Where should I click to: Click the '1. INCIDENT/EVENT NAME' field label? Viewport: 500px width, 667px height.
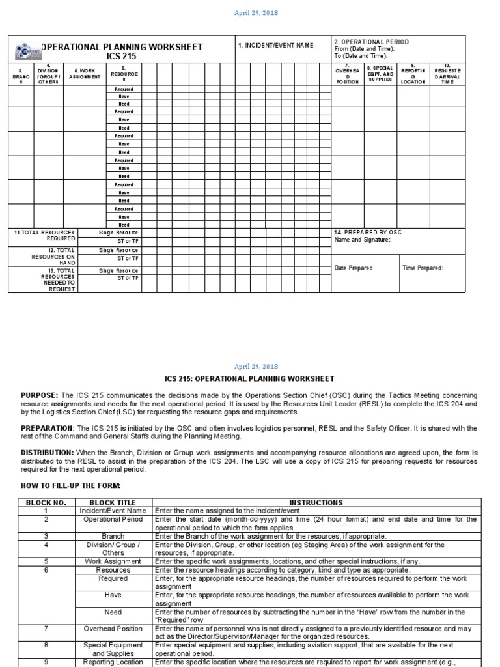[x=275, y=46]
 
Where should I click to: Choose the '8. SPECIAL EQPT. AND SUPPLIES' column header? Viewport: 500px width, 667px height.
[x=380, y=74]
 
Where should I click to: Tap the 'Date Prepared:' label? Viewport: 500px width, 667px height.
[x=354, y=268]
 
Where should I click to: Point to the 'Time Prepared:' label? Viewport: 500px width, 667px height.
[x=423, y=268]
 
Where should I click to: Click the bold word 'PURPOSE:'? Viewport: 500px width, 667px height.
[x=40, y=395]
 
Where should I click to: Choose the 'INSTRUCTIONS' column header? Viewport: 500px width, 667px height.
[x=316, y=503]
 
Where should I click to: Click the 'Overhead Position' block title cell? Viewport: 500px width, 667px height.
[x=114, y=629]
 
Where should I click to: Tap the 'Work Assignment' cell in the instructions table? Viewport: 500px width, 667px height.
[x=114, y=561]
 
